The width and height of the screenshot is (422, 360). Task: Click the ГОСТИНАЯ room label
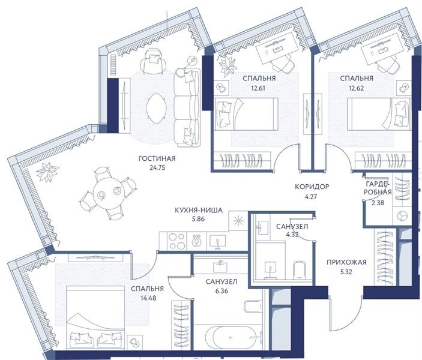[x=157, y=159]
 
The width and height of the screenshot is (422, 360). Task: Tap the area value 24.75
[x=157, y=168]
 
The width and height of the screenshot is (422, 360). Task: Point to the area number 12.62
[x=357, y=88]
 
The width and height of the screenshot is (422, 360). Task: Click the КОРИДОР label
[x=312, y=187]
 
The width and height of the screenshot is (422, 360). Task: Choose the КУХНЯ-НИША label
[x=199, y=210]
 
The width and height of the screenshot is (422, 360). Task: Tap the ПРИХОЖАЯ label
[x=346, y=262]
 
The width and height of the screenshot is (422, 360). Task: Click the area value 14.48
[x=147, y=298]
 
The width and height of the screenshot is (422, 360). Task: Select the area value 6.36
[x=222, y=291]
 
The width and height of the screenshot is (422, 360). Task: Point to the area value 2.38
[x=378, y=203]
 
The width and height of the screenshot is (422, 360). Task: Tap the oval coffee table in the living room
[x=156, y=108]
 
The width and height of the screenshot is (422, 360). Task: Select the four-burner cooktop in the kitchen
[x=177, y=241]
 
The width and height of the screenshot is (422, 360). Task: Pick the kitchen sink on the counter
[x=217, y=241]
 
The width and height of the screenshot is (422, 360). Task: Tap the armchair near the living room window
[x=153, y=62]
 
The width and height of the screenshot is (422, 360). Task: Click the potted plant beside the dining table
[x=47, y=172]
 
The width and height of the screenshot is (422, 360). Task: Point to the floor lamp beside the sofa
[x=192, y=60]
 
